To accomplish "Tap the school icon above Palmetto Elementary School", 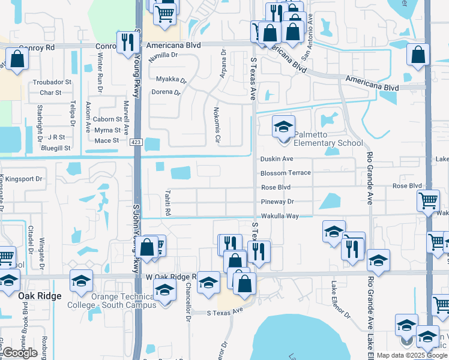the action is tap(283, 127).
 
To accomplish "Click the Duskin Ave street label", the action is tap(276, 159).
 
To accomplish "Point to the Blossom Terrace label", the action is tap(285, 173).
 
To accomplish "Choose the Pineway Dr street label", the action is tap(277, 202).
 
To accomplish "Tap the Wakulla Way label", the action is tap(279, 216).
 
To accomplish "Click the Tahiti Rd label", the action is tap(168, 203).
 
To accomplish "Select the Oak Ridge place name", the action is tap(40, 296).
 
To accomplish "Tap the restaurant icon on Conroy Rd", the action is tap(127, 41).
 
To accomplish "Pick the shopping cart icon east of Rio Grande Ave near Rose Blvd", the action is tap(427, 201).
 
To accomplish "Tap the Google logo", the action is tap(20, 353).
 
